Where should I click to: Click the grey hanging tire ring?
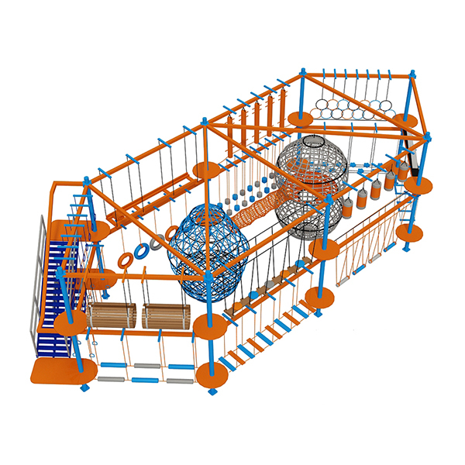coord(158,242)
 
